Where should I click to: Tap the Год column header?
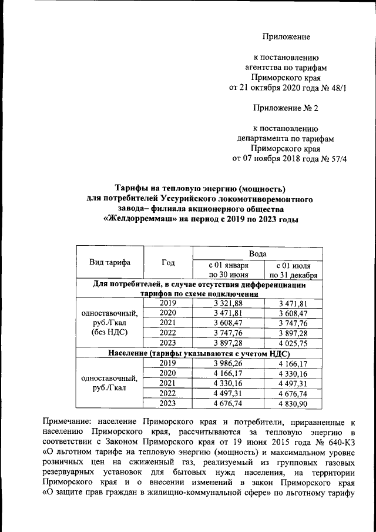[168, 263]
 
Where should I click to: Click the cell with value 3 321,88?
[228, 303]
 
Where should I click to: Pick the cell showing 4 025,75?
[293, 343]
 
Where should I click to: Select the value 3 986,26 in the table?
[228, 363]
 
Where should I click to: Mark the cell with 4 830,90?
[293, 403]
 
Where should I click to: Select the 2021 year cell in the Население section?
[168, 383]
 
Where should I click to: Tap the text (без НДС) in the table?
[110, 333]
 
